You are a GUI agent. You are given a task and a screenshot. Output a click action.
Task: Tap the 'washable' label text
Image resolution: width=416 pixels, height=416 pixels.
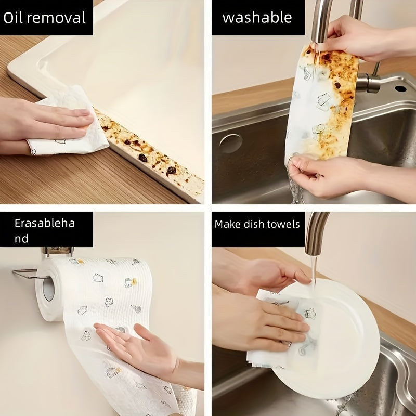point(257,18)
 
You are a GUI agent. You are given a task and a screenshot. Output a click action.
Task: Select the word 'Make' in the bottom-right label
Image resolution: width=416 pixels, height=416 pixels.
point(228,224)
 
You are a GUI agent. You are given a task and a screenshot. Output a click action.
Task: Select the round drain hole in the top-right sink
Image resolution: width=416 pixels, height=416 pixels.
point(230,144)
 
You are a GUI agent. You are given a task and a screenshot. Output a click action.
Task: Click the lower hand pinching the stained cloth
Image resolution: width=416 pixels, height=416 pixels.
point(322,174)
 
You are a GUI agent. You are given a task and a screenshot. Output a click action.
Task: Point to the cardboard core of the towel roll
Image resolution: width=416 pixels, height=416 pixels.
point(48,289)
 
